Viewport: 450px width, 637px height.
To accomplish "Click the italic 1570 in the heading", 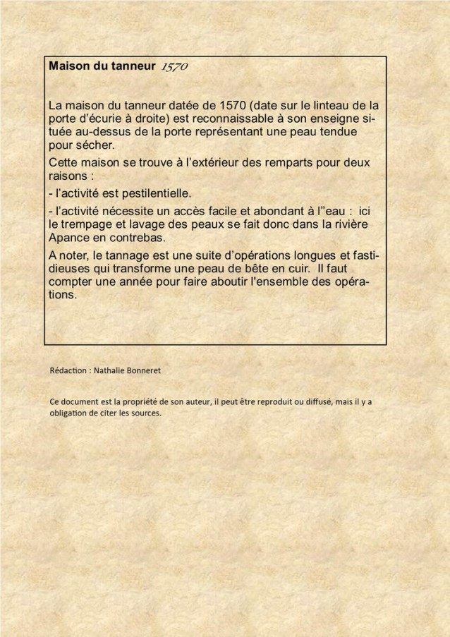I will point(174,67).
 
